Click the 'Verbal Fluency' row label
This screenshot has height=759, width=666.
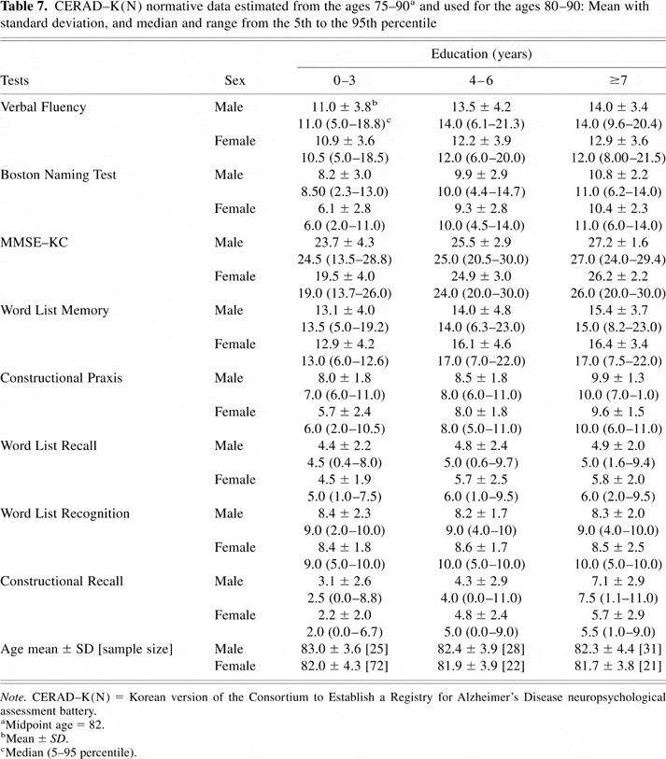click(43, 106)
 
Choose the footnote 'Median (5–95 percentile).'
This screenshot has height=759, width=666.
click(68, 750)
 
